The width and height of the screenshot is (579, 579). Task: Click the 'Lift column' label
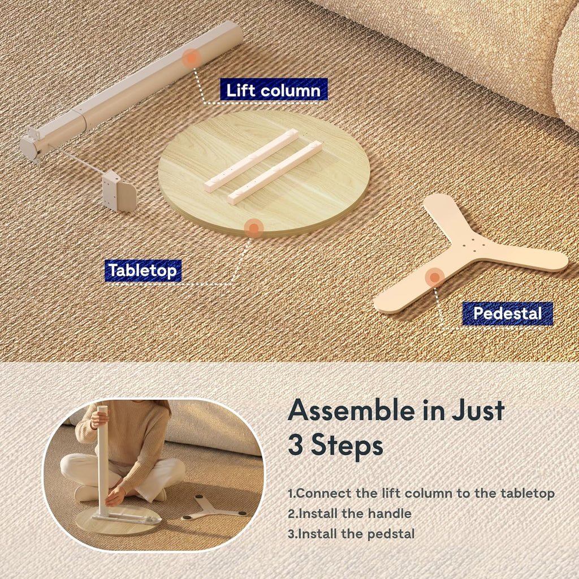pyautogui.click(x=274, y=90)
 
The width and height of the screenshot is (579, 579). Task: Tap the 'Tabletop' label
pyautogui.click(x=143, y=271)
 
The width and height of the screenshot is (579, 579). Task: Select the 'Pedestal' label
pyautogui.click(x=507, y=313)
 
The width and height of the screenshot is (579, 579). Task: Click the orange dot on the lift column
pyautogui.click(x=192, y=58)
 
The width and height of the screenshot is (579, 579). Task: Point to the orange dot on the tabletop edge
pyautogui.click(x=253, y=228)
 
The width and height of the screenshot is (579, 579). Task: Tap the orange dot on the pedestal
pyautogui.click(x=435, y=277)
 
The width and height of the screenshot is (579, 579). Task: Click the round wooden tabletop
pyautogui.click(x=264, y=173)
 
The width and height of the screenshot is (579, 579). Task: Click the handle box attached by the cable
pyautogui.click(x=119, y=191)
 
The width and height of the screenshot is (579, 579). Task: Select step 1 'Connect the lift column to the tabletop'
pyautogui.click(x=421, y=493)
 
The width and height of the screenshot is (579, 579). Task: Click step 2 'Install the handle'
pyautogui.click(x=349, y=513)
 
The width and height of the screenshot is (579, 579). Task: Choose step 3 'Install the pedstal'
pyautogui.click(x=351, y=534)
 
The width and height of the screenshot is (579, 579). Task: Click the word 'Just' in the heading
pyautogui.click(x=478, y=411)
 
